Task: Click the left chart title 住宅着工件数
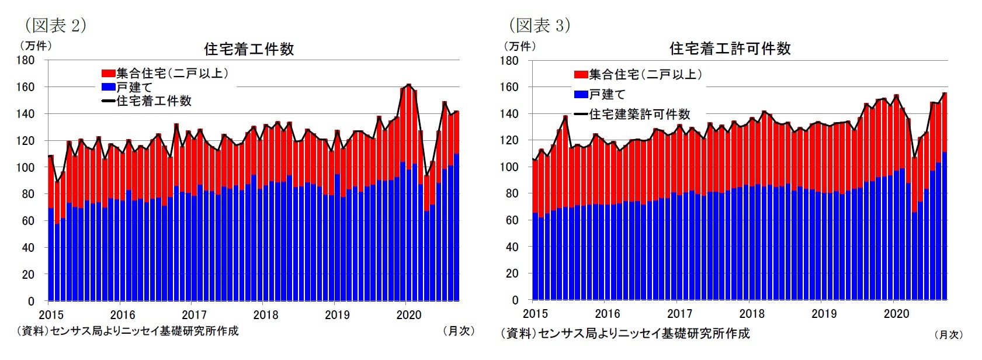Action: point(249,49)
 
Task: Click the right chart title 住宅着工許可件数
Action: point(730,49)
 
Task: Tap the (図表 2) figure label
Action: point(55,25)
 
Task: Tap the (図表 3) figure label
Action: point(539,25)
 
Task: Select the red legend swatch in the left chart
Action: point(108,74)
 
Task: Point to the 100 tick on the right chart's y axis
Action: point(509,167)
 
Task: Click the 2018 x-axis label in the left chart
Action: point(265,315)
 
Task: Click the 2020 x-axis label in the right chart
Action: point(896,314)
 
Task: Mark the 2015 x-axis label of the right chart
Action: point(535,314)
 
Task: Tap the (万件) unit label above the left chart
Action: point(36,46)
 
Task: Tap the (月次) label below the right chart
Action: point(948,335)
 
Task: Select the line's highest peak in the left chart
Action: point(408,85)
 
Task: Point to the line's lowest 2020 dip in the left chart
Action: point(427,174)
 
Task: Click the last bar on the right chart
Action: point(944,199)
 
